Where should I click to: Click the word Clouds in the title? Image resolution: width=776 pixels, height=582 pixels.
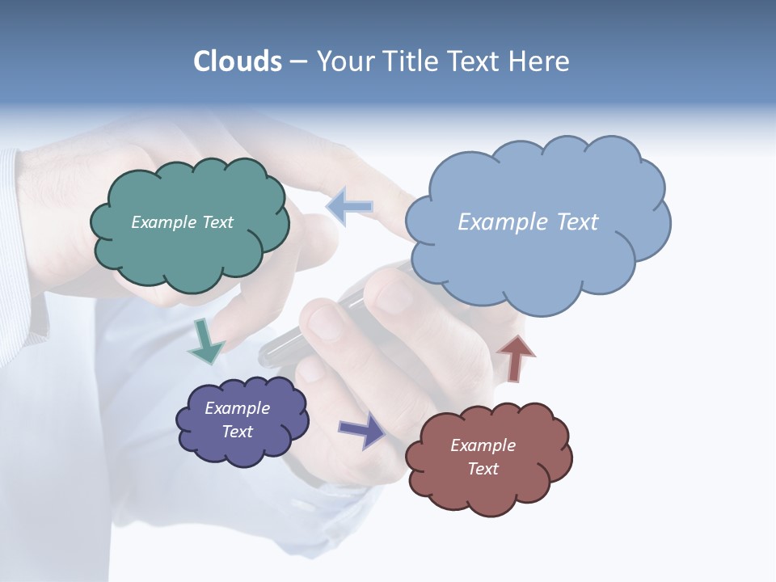pyautogui.click(x=238, y=61)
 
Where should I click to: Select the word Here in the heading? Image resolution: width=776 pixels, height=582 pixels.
pyautogui.click(x=542, y=61)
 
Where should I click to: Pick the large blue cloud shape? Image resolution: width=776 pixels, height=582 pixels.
pyautogui.click(x=538, y=259)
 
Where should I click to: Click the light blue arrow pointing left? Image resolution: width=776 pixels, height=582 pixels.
pyautogui.click(x=349, y=207)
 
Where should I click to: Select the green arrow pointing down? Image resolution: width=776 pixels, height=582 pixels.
pyautogui.click(x=205, y=343)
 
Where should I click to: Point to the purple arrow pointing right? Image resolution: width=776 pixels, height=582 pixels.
pyautogui.click(x=362, y=429)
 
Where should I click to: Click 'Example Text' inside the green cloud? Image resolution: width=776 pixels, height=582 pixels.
pyautogui.click(x=182, y=222)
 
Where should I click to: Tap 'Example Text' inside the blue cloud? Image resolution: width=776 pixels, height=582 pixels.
pyautogui.click(x=528, y=222)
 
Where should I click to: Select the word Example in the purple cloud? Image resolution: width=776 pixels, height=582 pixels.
pyautogui.click(x=237, y=408)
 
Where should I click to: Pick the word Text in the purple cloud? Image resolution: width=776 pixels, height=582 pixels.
pyautogui.click(x=237, y=432)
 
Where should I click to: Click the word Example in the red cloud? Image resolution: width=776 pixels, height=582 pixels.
pyautogui.click(x=483, y=445)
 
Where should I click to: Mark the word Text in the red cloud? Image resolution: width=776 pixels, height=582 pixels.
pyautogui.click(x=483, y=469)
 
